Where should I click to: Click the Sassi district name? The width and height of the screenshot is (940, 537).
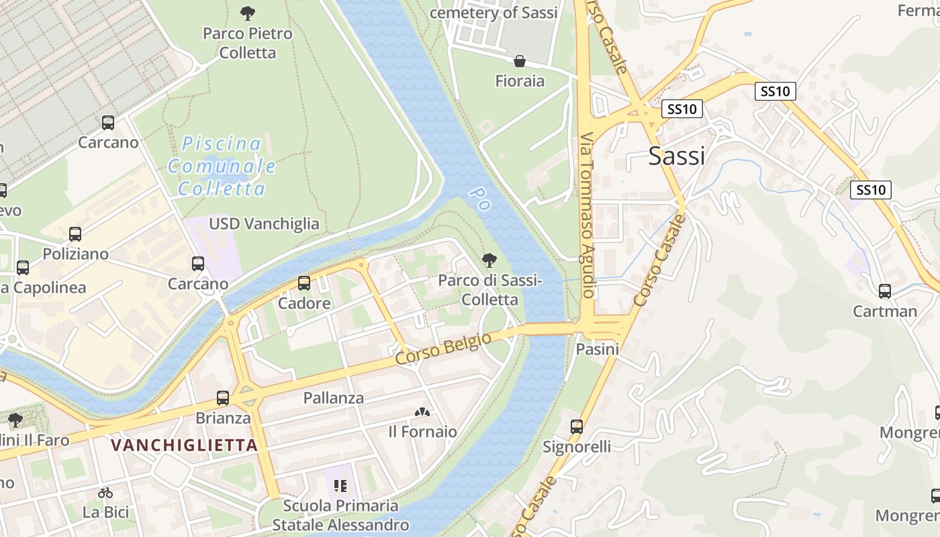coord(677,156)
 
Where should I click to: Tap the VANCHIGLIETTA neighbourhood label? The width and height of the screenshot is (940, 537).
coord(184,445)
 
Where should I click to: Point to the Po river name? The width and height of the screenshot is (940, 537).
coord(481,199)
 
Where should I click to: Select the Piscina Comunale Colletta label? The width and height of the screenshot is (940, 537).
coord(222,166)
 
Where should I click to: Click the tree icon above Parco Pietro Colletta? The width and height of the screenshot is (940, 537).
coord(248,13)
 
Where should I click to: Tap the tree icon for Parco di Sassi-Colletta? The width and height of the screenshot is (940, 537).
coord(489,260)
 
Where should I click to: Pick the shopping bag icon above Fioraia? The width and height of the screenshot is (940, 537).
coord(520,62)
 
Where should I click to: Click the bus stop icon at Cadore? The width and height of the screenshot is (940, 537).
coord(304,283)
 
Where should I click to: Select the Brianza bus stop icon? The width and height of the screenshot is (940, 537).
coord(223,398)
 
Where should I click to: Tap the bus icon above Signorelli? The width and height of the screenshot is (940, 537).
coord(577,427)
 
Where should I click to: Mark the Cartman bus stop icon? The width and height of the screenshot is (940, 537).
coord(885,291)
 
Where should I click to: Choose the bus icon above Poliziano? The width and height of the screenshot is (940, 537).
coord(75,234)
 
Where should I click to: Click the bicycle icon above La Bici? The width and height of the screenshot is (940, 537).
coord(105,493)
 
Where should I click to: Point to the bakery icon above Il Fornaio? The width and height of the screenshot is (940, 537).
coord(422,411)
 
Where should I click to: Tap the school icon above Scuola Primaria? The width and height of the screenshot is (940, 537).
coord(340,485)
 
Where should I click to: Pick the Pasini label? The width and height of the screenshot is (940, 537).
coord(598,349)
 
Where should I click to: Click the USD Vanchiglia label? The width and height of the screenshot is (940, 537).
coord(264,224)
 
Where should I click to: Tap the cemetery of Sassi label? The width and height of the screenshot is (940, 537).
coord(493,13)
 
